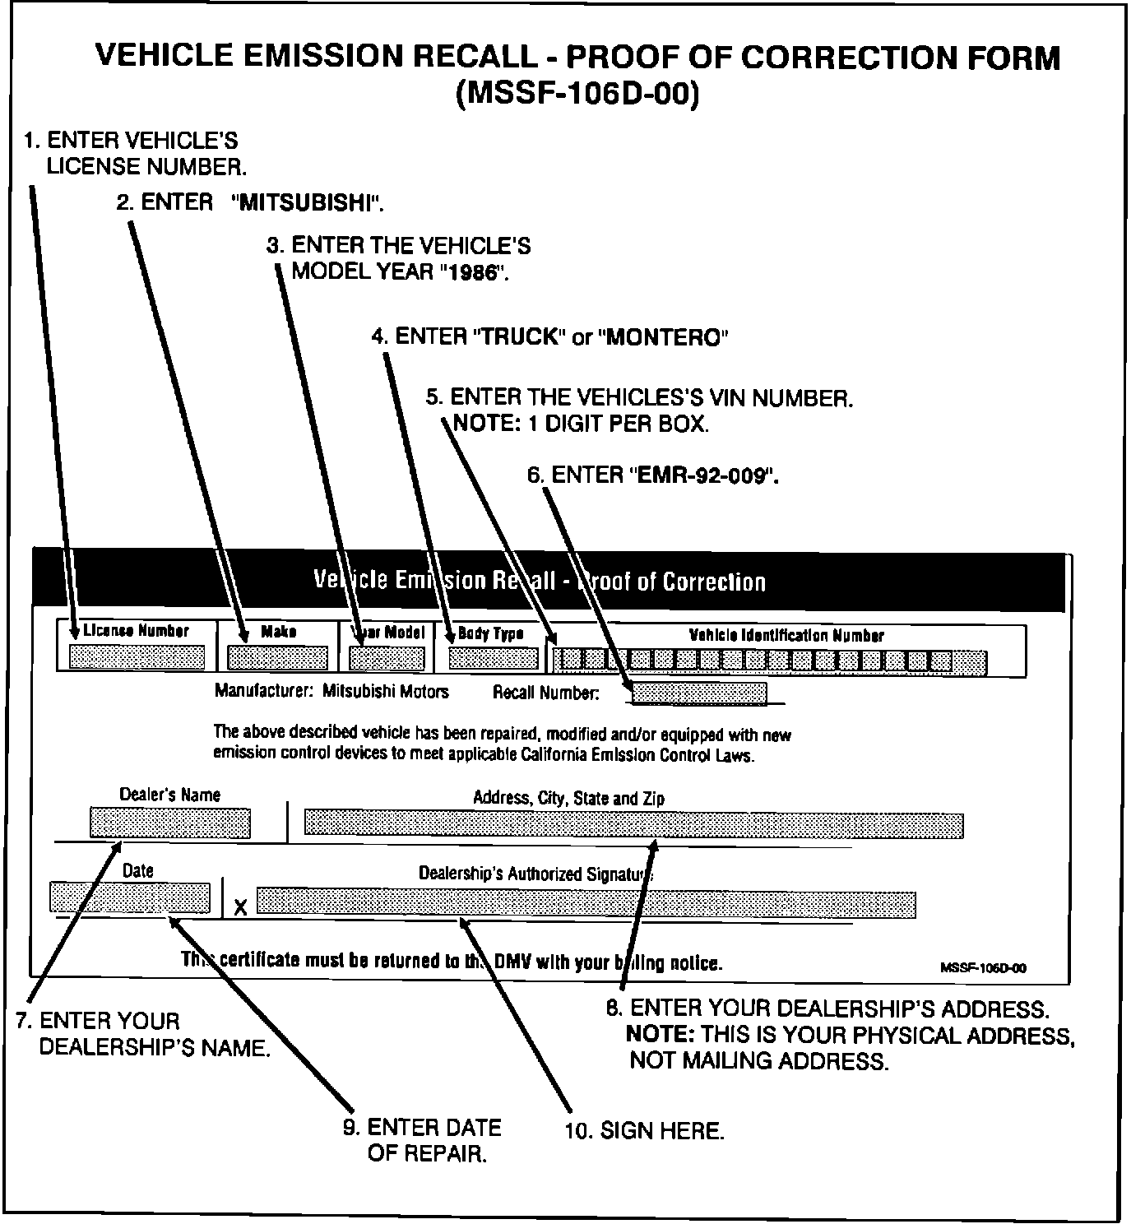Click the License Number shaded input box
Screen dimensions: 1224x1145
[x=137, y=658]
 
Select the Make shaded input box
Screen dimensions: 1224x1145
[x=277, y=658]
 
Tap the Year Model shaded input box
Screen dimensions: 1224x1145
[x=387, y=658]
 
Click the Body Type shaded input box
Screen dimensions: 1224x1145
[x=493, y=658]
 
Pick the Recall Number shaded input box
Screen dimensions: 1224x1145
[x=699, y=693]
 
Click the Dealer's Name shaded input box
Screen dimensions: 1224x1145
[x=169, y=823]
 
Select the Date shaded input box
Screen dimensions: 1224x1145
[x=130, y=897]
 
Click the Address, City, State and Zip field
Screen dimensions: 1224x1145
[x=633, y=823]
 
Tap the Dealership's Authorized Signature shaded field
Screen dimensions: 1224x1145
[x=586, y=902]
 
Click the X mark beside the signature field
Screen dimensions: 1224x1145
[x=240, y=907]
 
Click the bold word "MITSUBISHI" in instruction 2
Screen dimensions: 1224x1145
[x=308, y=203]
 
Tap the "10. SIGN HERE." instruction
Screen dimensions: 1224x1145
[x=644, y=1131]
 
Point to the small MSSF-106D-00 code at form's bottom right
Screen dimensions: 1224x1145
[x=983, y=968]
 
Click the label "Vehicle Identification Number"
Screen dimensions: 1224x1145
[x=786, y=635]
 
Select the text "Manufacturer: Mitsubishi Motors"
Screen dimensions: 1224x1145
[x=331, y=691]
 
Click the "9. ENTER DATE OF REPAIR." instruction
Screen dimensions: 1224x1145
[x=422, y=1139]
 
